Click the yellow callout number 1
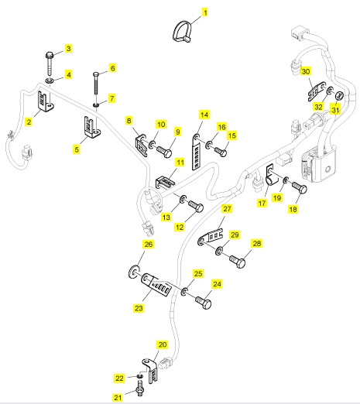(x=205, y=12)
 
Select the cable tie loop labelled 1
(x=182, y=32)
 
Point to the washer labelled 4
(x=50, y=81)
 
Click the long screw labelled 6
(x=96, y=84)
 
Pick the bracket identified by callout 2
(x=45, y=101)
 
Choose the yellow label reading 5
(x=77, y=149)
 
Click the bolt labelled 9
(x=164, y=151)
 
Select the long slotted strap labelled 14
(x=196, y=152)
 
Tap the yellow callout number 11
(x=180, y=163)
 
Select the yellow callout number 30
(x=306, y=71)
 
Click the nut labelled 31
(x=339, y=96)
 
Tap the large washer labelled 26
(x=133, y=272)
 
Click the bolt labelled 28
(x=238, y=262)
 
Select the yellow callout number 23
(x=139, y=308)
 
